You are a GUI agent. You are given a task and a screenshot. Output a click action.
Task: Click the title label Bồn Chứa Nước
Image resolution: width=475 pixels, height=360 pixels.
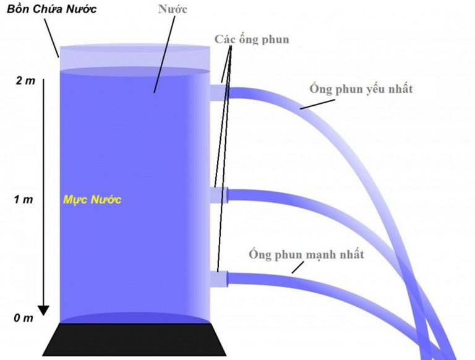click(48, 10)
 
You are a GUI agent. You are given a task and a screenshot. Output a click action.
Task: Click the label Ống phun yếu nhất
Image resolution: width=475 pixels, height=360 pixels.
click(361, 89)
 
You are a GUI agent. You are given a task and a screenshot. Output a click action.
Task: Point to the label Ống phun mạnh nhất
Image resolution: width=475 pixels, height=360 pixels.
click(306, 254)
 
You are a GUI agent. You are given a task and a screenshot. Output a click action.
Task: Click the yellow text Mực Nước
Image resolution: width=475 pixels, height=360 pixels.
click(92, 200)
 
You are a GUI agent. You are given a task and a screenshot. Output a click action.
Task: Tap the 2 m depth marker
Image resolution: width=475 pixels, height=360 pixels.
click(25, 80)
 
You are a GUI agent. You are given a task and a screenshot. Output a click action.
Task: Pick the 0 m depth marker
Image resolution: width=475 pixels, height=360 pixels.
click(23, 318)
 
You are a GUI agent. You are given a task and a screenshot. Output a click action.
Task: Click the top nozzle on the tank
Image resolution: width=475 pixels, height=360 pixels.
click(218, 92)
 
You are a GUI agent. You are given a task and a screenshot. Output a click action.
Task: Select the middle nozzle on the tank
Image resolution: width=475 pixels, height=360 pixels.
click(219, 195)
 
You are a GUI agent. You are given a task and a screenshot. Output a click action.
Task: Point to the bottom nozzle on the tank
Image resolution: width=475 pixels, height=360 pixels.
click(219, 280)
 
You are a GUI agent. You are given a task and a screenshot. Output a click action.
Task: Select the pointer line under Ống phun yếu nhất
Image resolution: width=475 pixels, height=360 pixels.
click(316, 103)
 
